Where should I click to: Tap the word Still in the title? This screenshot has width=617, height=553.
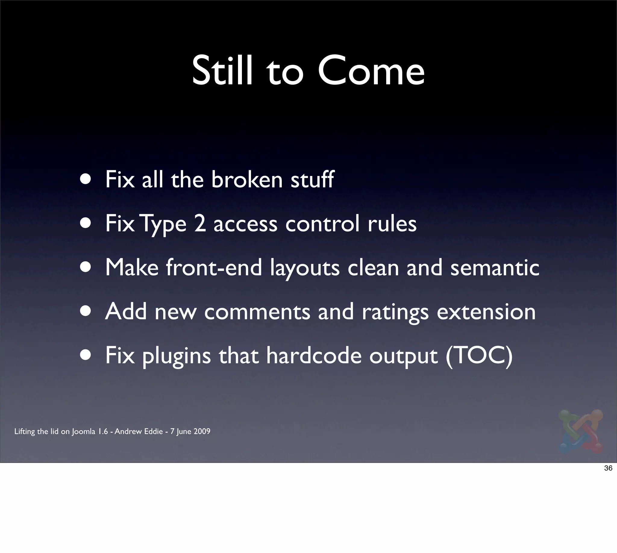[222, 71]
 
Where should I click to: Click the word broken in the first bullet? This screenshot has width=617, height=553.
[247, 180]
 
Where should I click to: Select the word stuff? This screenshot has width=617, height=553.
[312, 180]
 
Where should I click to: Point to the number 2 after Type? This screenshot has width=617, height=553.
[200, 223]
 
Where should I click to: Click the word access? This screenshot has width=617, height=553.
[245, 224]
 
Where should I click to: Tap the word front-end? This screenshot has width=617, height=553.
[214, 267]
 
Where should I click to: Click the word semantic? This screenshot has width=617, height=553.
[494, 268]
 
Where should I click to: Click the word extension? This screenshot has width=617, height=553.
[486, 312]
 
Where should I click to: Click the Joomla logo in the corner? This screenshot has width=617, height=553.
[581, 431]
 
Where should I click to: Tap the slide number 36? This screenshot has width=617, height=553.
[608, 468]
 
